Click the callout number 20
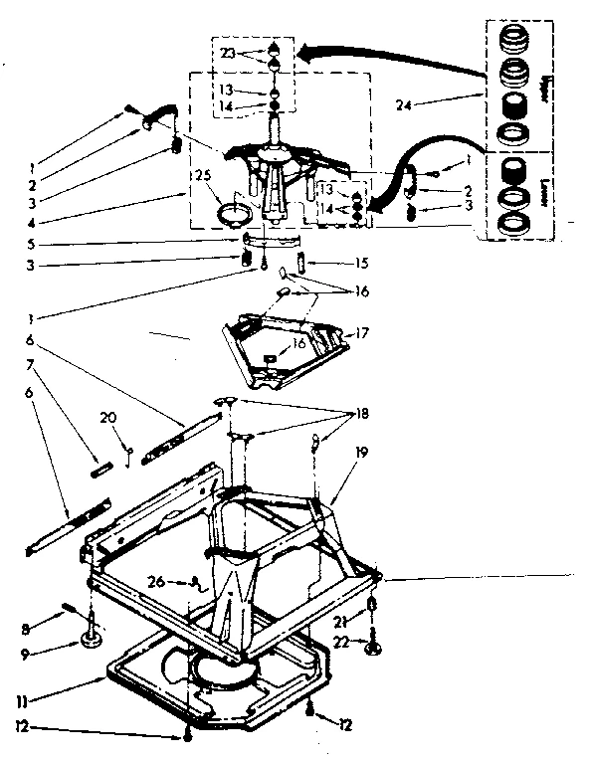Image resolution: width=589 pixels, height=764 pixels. coord(108,418)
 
